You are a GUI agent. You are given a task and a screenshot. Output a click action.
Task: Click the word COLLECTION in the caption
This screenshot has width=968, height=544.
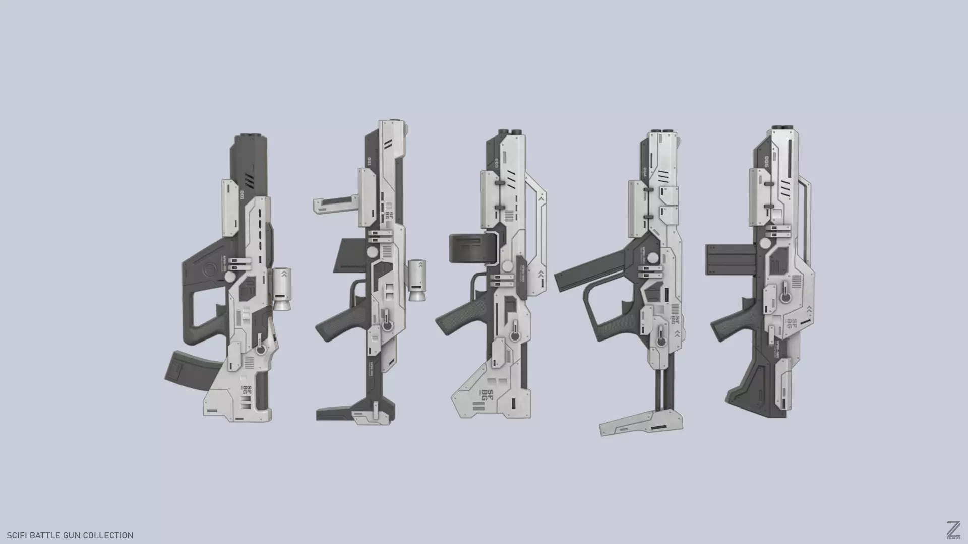point(108,535)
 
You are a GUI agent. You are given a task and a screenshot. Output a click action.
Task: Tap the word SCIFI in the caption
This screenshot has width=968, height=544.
point(18,535)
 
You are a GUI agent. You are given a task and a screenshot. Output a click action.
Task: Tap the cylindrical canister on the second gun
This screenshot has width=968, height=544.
point(416,280)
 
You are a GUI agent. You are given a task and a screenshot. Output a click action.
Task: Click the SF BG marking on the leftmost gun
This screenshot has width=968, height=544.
point(247,390)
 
